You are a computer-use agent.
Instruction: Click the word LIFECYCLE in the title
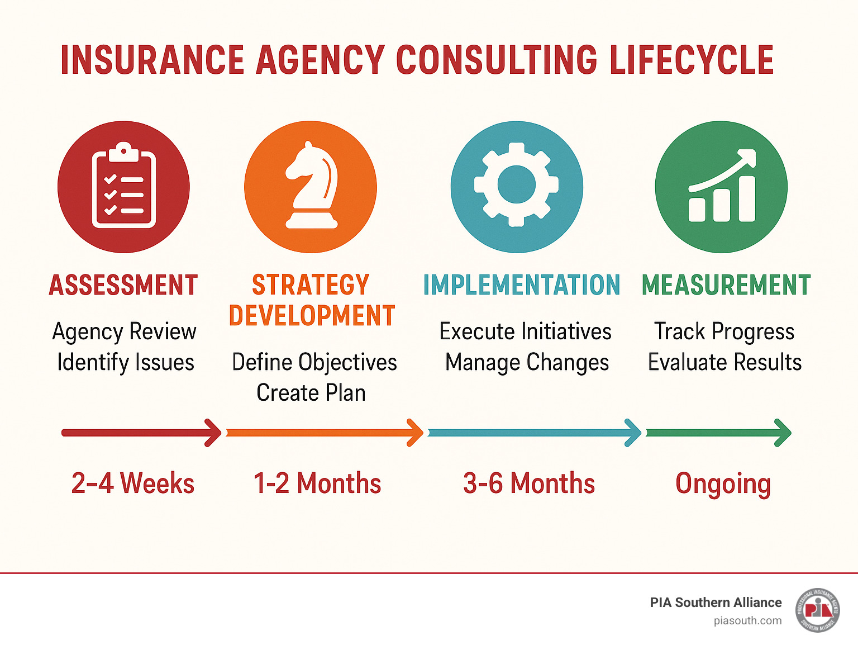(692, 60)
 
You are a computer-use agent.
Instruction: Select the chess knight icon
(311, 187)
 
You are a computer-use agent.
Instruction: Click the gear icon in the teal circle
(517, 186)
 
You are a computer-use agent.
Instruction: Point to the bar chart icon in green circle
(722, 187)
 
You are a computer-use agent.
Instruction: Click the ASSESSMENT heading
(123, 285)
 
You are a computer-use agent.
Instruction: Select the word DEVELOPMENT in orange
(312, 316)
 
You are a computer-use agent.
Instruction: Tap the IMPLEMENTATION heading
(521, 285)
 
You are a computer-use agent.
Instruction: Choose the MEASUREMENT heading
(726, 285)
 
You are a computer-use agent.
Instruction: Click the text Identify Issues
(126, 362)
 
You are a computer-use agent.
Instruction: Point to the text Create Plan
(311, 393)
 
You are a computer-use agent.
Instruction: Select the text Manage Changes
(527, 362)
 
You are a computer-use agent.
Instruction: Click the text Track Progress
(724, 331)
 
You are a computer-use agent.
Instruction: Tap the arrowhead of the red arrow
(214, 433)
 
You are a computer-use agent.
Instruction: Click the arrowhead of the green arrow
(784, 433)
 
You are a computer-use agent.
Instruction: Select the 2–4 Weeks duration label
(133, 483)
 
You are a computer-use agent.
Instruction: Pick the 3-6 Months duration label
(529, 483)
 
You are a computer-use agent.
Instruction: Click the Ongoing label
(723, 483)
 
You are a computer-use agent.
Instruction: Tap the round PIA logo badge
(818, 610)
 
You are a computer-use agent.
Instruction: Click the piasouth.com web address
(747, 620)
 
